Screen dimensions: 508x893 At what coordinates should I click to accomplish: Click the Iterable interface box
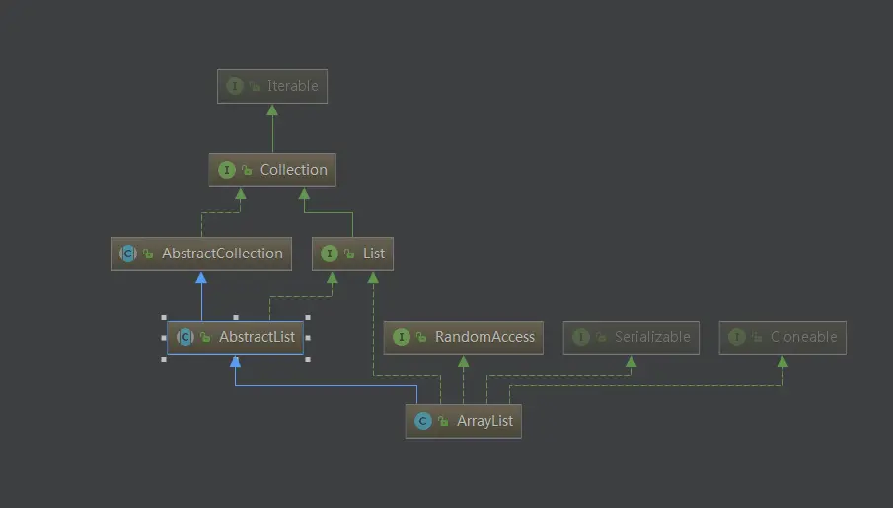point(272,86)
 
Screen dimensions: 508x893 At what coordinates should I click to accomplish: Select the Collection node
point(272,170)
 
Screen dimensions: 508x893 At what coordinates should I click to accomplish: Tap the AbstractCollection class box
point(201,254)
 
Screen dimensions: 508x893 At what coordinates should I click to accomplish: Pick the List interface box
point(352,254)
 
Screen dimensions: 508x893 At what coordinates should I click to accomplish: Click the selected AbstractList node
point(235,337)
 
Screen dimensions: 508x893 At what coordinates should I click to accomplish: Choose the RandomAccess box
point(463,337)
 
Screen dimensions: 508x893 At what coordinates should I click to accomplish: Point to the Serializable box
point(632,337)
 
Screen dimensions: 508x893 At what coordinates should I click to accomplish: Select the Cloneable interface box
point(782,337)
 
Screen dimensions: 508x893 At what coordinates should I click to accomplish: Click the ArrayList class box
point(463,421)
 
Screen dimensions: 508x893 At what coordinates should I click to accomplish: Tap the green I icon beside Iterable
point(234,86)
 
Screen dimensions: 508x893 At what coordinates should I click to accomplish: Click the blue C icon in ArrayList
point(422,421)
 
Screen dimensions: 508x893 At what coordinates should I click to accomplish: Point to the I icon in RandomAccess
point(401,337)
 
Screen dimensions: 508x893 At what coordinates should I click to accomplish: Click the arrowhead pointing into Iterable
point(272,109)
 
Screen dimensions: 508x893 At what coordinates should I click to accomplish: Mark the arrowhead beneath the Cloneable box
point(782,361)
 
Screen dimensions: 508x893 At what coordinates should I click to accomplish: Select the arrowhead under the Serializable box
point(632,361)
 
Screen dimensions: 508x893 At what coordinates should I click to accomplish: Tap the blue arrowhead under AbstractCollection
point(201,277)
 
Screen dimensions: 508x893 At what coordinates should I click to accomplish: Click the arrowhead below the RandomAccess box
point(463,361)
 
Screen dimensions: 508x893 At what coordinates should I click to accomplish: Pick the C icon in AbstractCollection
point(128,254)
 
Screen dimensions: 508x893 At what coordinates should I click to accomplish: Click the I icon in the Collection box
point(227,170)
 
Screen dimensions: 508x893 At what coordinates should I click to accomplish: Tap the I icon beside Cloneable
point(736,337)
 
